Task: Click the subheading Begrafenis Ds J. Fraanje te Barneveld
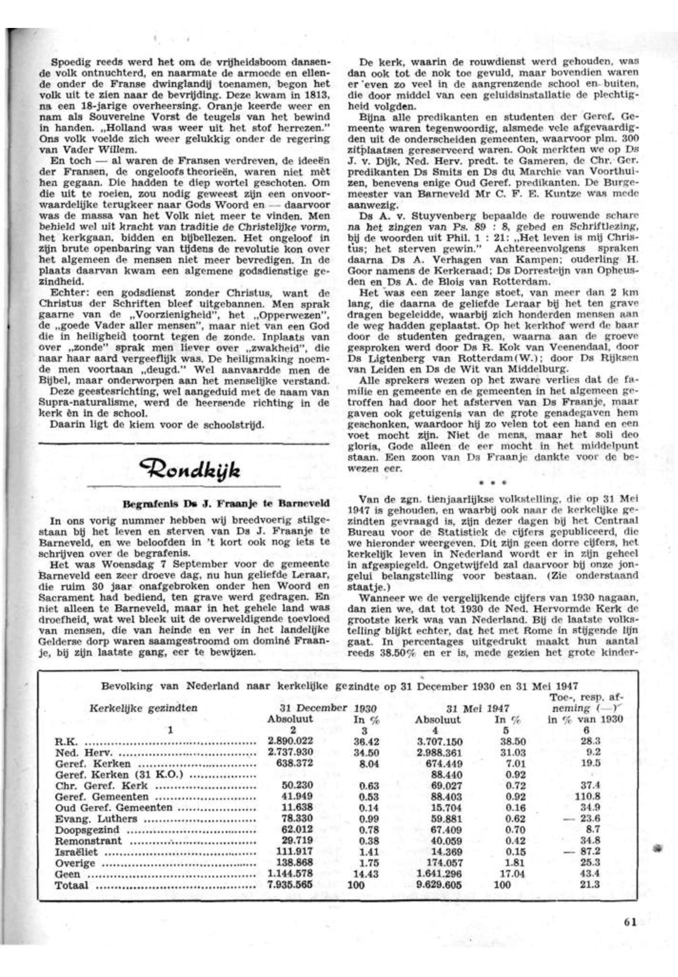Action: pyautogui.click(x=226, y=504)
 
